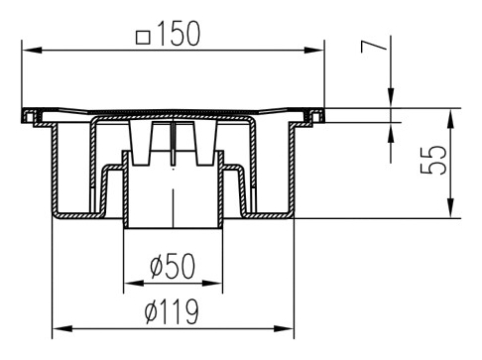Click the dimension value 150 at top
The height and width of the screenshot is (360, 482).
pos(179,34)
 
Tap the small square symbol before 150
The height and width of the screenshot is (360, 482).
pos(143,38)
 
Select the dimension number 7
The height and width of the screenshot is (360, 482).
pos(374,47)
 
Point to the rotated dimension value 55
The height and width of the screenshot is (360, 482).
pos(433,160)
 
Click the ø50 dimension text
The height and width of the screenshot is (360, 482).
pos(173,266)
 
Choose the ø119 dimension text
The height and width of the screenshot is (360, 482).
pos(172,311)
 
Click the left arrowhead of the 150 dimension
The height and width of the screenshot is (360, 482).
pos(32,51)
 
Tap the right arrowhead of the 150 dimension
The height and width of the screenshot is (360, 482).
pos(314,51)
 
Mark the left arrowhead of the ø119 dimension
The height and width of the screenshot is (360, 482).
pos(62,328)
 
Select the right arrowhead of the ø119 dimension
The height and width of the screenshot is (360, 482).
pos(284,328)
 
